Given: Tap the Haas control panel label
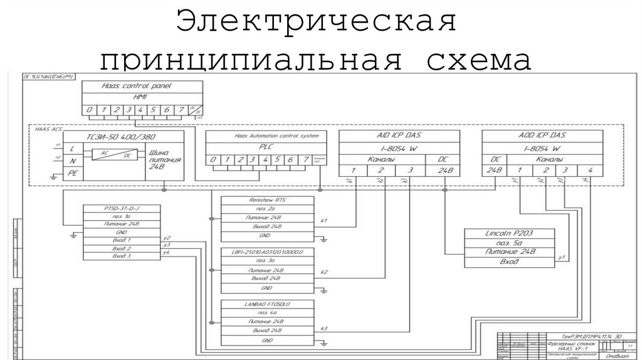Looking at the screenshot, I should click(136, 86).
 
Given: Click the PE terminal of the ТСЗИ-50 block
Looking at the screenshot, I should click(73, 174).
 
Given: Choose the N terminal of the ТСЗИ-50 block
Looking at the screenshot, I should click(73, 161).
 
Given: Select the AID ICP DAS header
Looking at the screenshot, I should click(399, 136).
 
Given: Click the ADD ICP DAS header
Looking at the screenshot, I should click(542, 136).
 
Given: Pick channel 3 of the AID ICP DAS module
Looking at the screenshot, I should click(410, 171).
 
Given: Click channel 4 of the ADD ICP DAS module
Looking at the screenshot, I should click(589, 171).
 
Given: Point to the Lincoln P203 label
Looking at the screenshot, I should click(509, 233).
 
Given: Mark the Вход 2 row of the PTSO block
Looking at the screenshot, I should click(122, 248).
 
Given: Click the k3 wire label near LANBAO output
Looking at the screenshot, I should click(324, 329).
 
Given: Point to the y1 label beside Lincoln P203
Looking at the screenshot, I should click(562, 257).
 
